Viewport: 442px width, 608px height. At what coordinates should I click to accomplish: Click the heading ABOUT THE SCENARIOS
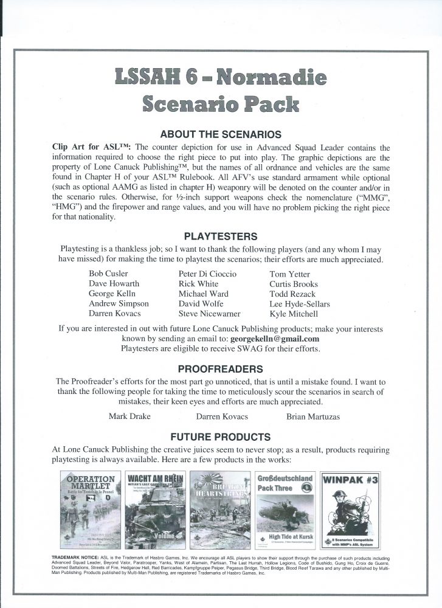(221, 134)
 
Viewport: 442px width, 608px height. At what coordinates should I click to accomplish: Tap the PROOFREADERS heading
(221, 369)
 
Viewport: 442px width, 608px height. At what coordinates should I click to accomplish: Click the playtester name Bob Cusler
(109, 274)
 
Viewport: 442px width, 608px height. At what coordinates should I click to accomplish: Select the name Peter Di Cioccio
(207, 274)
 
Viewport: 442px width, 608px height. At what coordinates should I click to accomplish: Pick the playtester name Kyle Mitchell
(294, 314)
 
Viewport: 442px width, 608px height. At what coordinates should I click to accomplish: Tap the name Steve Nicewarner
(209, 314)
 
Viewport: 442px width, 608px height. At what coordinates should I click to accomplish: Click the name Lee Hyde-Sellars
(300, 304)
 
